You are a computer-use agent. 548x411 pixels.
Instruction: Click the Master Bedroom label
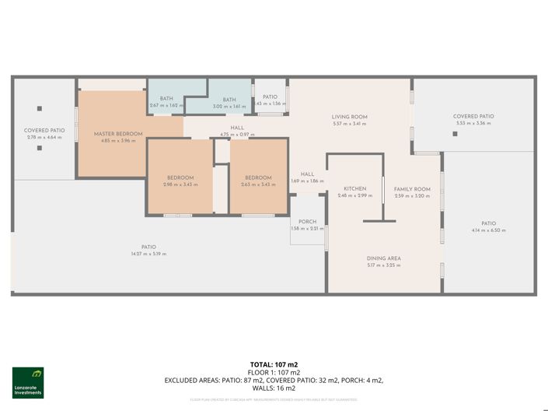click(x=118, y=134)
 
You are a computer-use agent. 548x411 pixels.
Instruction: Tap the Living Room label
click(x=349, y=117)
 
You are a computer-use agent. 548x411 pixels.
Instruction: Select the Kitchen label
click(x=355, y=189)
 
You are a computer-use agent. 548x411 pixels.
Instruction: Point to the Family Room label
click(x=411, y=189)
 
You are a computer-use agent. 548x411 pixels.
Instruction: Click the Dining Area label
click(x=383, y=258)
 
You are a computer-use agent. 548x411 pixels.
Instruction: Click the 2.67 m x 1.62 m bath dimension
click(x=166, y=106)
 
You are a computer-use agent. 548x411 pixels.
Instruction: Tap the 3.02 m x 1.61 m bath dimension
click(x=229, y=106)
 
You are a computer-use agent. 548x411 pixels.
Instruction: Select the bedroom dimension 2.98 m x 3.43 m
click(x=179, y=184)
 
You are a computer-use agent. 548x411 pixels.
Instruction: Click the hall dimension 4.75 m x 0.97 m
click(x=237, y=135)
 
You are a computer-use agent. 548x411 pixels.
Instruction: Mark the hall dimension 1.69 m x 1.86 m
click(x=307, y=181)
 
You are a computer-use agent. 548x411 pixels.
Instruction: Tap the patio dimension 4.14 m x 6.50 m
click(x=488, y=230)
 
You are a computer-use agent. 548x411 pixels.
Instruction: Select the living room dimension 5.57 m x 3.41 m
click(x=349, y=124)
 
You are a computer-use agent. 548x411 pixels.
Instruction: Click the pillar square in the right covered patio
click(x=456, y=134)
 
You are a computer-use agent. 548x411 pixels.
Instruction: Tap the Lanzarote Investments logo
click(x=28, y=382)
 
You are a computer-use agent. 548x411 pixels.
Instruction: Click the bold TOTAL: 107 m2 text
click(x=274, y=364)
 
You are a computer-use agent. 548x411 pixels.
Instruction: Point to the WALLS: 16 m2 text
click(x=274, y=388)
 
